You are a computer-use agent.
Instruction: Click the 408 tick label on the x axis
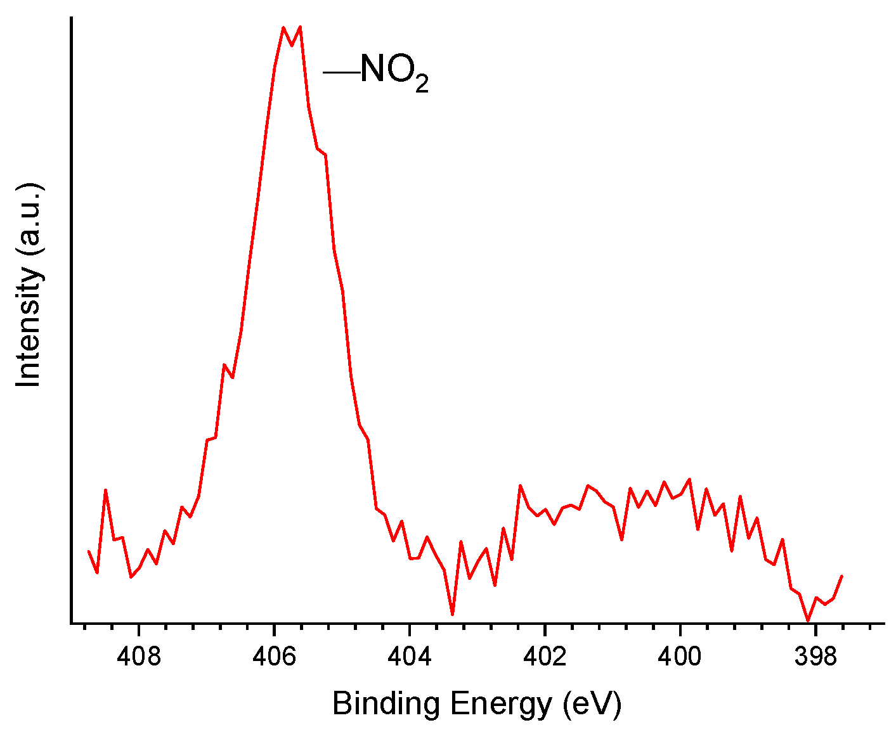pos(139,657)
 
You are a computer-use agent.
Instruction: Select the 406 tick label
pos(274,657)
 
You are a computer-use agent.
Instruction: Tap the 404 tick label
pos(410,657)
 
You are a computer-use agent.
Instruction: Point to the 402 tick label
pos(545,657)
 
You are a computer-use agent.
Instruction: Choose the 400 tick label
pos(680,657)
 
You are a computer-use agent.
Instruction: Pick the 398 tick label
pos(815,657)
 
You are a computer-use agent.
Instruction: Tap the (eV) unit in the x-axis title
pos(592,704)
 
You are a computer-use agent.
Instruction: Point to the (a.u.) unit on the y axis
pos(29,219)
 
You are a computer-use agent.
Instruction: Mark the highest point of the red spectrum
pos(300,27)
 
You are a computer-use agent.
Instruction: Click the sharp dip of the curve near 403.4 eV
pos(452,614)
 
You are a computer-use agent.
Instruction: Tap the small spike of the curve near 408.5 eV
pos(106,490)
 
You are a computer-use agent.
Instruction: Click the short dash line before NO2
pos(341,72)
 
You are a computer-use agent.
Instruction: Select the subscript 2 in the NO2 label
pos(422,85)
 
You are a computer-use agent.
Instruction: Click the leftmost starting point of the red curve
pos(89,551)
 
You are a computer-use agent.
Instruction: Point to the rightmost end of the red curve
pos(842,575)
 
